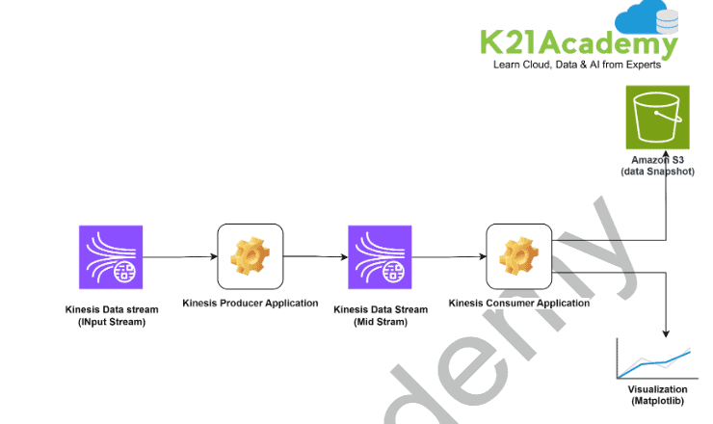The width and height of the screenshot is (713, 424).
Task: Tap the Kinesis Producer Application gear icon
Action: point(251,256)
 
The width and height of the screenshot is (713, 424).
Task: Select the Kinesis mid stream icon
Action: point(380,256)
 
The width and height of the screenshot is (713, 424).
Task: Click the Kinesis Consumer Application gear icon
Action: point(518,256)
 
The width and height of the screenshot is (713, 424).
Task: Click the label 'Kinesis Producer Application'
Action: point(251,303)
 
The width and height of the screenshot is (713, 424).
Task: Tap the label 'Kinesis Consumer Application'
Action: point(519,303)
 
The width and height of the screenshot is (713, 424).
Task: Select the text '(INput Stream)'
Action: point(110,321)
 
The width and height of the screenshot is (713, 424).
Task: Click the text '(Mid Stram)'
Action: point(380,321)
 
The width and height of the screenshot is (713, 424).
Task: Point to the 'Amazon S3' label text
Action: point(657,159)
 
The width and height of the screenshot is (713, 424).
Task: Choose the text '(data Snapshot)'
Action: point(657,171)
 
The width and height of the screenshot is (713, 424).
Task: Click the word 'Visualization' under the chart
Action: point(657,388)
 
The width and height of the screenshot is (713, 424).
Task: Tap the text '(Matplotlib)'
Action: point(657,400)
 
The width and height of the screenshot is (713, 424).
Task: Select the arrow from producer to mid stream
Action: point(316,256)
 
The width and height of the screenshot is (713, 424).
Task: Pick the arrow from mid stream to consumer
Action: point(448,256)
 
